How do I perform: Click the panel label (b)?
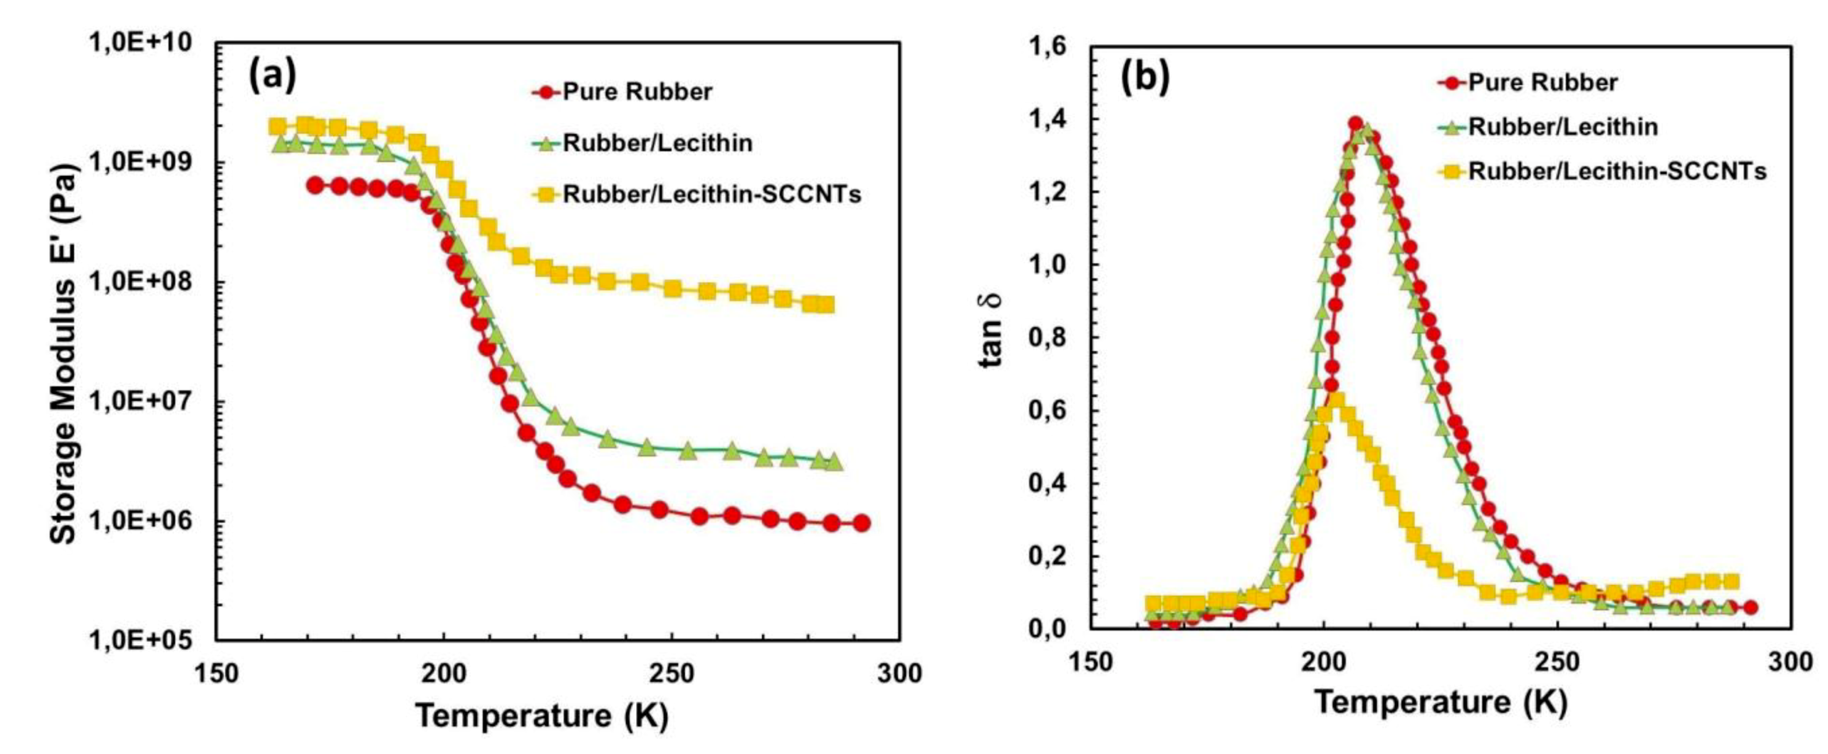pos(1144,78)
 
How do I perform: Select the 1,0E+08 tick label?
pos(140,282)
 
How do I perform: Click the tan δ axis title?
pos(993,339)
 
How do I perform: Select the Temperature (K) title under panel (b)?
pos(1441,703)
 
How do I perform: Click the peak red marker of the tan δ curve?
pos(1355,124)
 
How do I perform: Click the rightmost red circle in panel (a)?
pos(861,523)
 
